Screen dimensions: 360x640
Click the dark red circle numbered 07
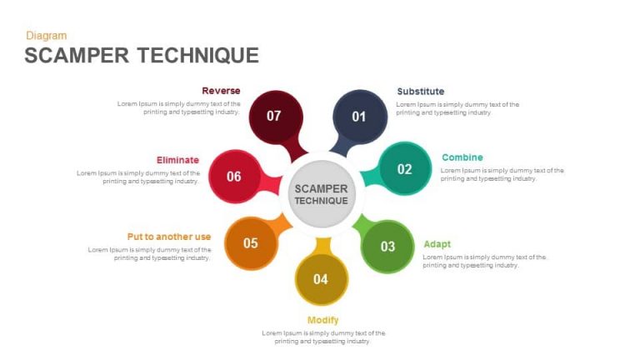274,116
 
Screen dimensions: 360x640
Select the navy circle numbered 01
359,117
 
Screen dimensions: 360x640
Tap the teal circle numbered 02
404,169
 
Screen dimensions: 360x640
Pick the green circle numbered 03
387,246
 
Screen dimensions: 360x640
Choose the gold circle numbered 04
321,278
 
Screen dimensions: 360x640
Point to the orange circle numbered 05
251,243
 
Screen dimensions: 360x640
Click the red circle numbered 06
234,176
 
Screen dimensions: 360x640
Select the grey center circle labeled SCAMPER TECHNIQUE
321,195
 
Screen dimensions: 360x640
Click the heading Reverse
221,91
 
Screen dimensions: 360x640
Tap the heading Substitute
421,92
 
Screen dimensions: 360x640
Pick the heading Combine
462,157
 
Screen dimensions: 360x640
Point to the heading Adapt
437,244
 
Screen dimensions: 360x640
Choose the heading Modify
323,320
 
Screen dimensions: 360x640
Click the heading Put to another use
169,237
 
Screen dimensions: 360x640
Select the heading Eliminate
177,160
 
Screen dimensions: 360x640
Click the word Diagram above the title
47,36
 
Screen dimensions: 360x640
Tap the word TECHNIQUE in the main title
198,56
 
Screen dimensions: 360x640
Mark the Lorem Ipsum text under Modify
323,337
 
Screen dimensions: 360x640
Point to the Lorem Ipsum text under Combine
502,174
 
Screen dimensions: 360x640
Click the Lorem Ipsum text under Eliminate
139,177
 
